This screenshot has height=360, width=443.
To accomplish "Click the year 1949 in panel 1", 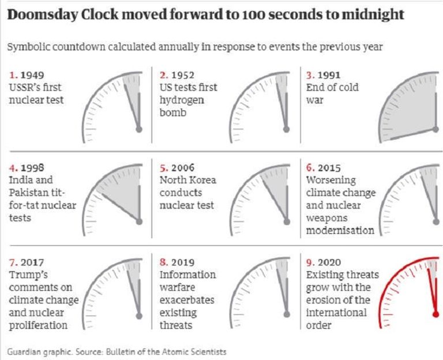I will [32, 76].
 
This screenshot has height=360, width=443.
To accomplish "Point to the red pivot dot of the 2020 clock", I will [436, 314].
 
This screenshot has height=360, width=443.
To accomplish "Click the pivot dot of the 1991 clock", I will [436, 130].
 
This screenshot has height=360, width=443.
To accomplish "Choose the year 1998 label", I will [32, 168].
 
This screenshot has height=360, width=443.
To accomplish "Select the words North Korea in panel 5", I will [187, 180].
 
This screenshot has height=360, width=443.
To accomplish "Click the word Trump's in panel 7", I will [28, 275].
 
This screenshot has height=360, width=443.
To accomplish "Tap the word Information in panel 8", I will [187, 275].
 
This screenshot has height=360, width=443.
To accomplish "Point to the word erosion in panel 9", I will [325, 300].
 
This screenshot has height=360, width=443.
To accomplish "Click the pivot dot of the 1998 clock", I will [139, 222].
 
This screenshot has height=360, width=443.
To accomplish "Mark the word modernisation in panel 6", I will [340, 230].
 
